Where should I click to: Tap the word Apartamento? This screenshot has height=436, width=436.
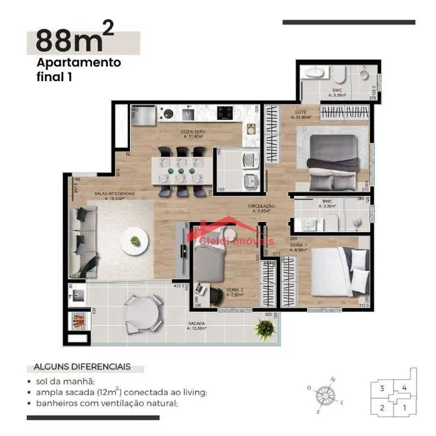(x=78, y=62)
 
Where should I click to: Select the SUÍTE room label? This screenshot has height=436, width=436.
(x=300, y=114)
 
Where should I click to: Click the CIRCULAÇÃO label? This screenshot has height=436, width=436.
(x=261, y=207)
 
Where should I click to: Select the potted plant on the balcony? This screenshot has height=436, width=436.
(x=266, y=328)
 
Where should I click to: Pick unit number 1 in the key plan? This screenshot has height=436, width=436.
(x=404, y=406)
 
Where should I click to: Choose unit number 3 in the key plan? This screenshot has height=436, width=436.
(x=382, y=388)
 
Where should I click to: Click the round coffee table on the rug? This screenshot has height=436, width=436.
(x=136, y=239)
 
